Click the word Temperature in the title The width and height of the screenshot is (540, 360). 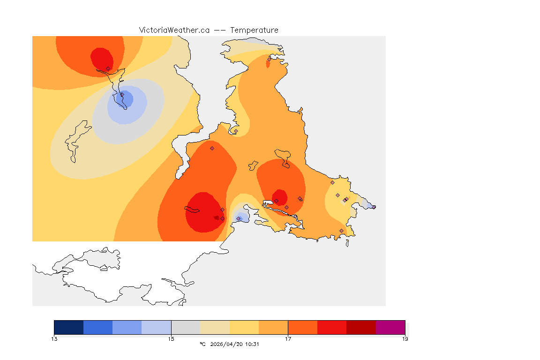point(254,30)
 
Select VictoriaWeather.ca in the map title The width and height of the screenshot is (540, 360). point(174,30)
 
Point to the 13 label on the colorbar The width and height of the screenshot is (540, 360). point(54,339)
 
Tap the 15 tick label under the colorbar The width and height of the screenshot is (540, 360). point(171,339)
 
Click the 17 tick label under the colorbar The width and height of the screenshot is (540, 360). point(288,339)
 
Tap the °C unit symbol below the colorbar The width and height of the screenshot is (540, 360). point(202,345)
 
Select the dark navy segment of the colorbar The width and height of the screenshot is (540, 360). point(69,327)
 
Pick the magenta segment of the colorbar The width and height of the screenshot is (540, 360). point(390,327)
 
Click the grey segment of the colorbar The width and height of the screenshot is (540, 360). point(186,327)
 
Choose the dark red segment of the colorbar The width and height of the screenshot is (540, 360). point(361,327)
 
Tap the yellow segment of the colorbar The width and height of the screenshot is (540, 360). point(244,327)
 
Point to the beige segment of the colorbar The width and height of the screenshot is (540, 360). point(215,327)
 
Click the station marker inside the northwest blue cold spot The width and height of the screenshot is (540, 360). point(122,95)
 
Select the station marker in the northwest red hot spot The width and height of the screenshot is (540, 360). point(108,68)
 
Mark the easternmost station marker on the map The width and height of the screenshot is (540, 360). point(374,207)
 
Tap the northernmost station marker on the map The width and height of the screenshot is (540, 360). point(269,59)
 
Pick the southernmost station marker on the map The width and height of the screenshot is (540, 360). point(341,231)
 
